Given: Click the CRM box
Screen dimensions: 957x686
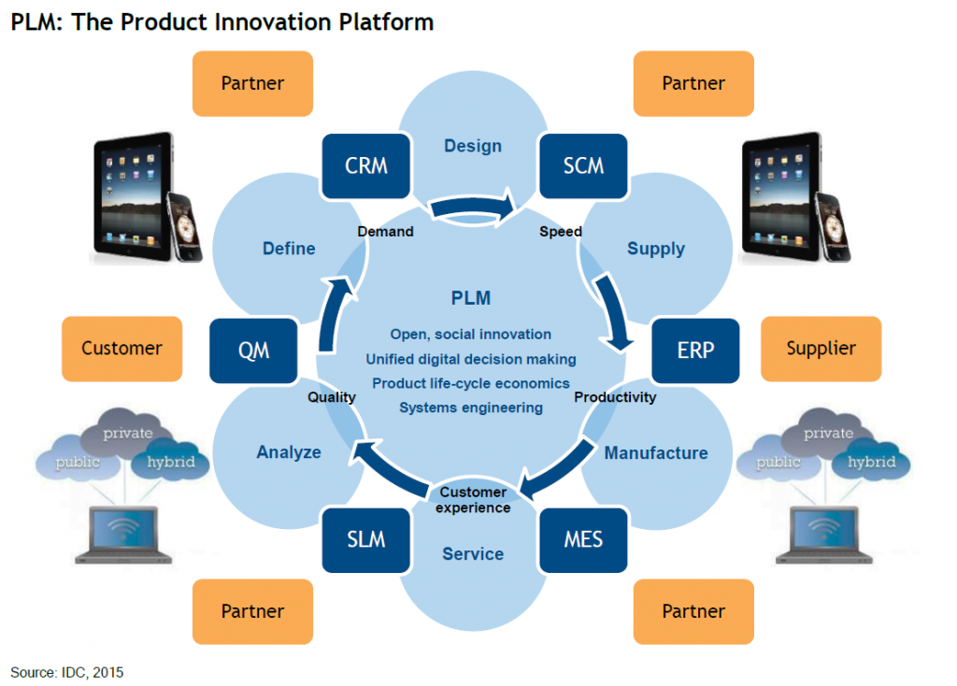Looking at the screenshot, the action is (366, 166).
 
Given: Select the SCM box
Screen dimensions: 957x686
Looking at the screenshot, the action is (583, 166).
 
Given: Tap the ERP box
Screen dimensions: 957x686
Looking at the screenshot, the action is (695, 350).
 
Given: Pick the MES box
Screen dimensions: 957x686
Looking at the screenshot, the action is (583, 539).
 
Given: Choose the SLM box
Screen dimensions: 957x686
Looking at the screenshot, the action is (366, 539).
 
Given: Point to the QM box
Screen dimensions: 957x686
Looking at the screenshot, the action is (253, 350).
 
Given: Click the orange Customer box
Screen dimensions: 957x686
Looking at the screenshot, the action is (122, 349).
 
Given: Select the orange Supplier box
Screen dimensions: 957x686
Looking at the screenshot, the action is (821, 349).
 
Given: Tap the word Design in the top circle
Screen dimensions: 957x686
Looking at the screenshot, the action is (473, 146).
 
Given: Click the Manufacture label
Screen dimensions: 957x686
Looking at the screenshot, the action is (656, 453).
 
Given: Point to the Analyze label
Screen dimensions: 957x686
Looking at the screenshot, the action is (289, 452).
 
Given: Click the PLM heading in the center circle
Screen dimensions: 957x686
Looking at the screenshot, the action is (471, 298).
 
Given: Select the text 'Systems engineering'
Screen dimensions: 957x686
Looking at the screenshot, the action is (471, 407).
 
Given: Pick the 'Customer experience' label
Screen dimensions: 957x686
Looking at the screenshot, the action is (473, 500).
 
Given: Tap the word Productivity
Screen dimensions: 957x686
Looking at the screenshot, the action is (615, 397).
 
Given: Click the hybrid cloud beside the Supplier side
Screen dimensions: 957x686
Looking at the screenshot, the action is (872, 462).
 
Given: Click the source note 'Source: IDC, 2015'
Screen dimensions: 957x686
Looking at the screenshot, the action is (67, 673).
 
